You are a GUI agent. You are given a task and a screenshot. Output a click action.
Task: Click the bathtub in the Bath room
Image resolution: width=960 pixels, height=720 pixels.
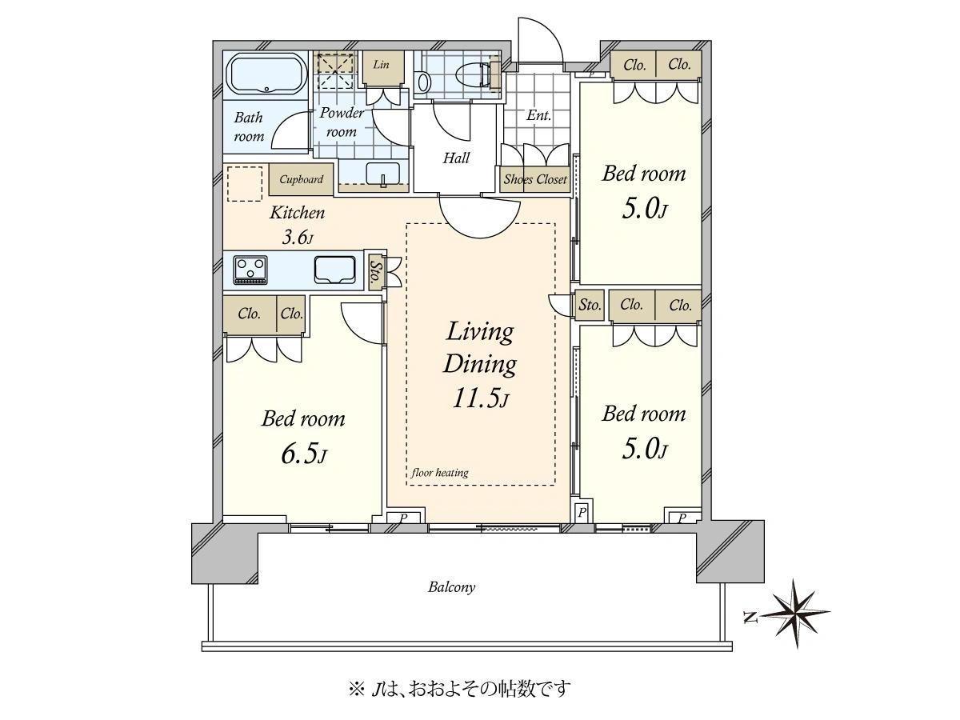pos(266,74)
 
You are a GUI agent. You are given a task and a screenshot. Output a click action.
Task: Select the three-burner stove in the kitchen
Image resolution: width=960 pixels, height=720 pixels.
pos(250,270)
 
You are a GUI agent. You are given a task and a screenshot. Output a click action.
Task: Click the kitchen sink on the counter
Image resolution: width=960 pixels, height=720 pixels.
pos(334,270)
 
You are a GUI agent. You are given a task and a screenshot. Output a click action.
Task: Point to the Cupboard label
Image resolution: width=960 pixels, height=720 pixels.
pos(302,179)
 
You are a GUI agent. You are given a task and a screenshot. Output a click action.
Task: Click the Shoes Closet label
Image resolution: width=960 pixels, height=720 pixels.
pos(535,179)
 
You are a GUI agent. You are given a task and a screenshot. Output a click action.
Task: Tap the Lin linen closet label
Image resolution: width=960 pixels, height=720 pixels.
pos(381,65)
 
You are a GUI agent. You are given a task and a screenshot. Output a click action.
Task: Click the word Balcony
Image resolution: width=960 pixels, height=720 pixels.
pos(451,586)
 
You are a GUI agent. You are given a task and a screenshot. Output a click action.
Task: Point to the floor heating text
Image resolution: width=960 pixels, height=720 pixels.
pos(439,473)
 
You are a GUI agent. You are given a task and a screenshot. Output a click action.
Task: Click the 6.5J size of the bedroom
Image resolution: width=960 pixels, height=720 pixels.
pos(303,454)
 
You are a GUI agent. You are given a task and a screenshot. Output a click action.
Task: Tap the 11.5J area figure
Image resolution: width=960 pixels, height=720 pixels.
pos(480,398)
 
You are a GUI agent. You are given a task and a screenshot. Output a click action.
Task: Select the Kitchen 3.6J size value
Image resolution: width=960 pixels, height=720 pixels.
pos(298,238)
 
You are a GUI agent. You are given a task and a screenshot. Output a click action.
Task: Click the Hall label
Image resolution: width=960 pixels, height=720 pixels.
pos(456,158)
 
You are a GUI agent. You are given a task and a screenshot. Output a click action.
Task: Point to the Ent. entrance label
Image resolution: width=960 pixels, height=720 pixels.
pos(538,115)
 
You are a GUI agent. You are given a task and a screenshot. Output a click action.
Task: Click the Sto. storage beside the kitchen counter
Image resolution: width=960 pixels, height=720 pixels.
pos(375,271)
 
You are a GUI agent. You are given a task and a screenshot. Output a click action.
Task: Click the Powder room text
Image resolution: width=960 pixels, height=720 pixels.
pos(341,122)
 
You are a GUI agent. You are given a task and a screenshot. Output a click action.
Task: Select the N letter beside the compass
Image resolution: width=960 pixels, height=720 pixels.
pos(751,618)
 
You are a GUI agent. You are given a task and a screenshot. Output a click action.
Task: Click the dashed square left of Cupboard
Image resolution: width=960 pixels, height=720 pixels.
pos(245,184)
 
